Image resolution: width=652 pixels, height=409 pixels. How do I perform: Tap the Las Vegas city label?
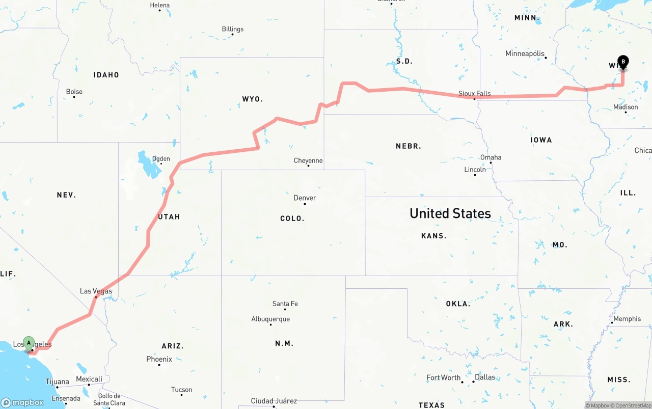click(x=96, y=291)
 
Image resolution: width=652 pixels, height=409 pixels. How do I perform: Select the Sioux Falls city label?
click(x=474, y=93)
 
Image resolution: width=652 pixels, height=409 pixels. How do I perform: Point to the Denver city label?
click(x=305, y=198)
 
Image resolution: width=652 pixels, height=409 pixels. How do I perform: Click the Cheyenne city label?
click(x=308, y=160)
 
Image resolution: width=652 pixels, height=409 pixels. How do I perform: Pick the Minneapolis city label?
click(x=525, y=53)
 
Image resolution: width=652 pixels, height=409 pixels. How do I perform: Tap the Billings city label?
click(x=232, y=29)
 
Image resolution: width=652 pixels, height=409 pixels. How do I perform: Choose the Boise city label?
click(x=74, y=92)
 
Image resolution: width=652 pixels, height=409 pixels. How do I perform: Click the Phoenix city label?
click(x=159, y=359)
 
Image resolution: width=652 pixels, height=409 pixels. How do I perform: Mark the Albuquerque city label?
click(x=270, y=319)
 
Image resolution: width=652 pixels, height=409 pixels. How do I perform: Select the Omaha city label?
click(x=491, y=157)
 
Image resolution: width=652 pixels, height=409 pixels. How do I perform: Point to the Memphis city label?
click(x=627, y=319)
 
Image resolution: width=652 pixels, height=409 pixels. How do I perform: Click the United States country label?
click(x=450, y=213)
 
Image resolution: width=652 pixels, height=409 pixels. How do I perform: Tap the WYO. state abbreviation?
click(x=252, y=99)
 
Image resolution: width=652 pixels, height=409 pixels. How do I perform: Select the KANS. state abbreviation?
click(x=433, y=236)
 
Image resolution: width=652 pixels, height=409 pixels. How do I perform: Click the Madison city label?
click(x=626, y=107)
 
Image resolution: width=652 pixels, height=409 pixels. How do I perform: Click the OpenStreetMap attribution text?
click(x=633, y=405)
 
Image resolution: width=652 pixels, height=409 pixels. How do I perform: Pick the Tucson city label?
click(x=181, y=390)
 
